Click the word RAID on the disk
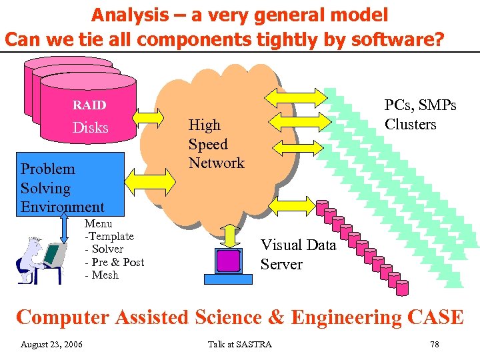click(89, 105)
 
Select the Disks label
click(90, 127)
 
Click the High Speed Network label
click(216, 144)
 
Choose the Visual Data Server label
click(297, 255)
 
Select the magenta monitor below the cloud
click(229, 261)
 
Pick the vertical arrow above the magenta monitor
click(231, 235)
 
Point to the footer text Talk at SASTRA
click(239, 344)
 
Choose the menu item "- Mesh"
click(101, 275)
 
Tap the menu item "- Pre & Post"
click(114, 262)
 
